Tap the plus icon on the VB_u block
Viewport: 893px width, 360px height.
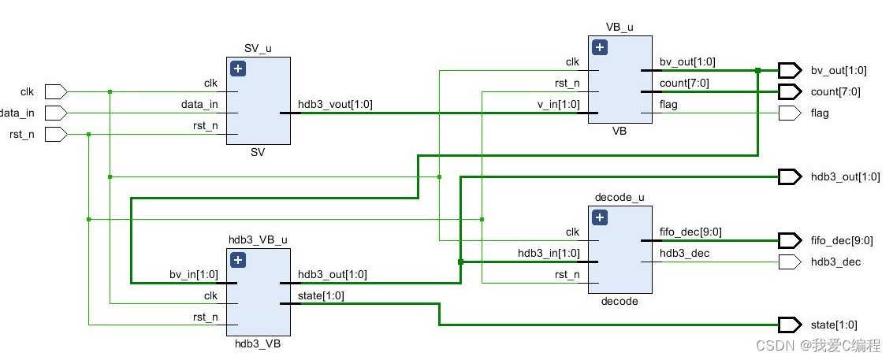[x=600, y=47]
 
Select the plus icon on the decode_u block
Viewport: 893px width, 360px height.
[x=600, y=217]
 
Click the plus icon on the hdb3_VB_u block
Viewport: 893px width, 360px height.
[x=239, y=260]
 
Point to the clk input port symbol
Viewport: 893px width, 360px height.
[x=55, y=91]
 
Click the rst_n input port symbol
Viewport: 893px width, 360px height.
[x=55, y=134]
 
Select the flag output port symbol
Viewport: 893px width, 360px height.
[x=789, y=113]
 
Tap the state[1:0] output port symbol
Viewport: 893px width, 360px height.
[x=789, y=325]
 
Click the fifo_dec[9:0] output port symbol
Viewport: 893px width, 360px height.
[x=789, y=239]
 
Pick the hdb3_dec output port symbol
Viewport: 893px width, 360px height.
[x=789, y=261]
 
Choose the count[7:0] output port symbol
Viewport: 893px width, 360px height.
[x=789, y=91]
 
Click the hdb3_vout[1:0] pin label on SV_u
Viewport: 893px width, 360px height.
[x=335, y=104]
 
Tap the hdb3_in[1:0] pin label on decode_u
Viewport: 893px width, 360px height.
[x=549, y=253]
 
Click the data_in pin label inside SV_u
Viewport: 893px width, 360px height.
[x=200, y=104]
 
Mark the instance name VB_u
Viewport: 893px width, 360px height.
[x=620, y=27]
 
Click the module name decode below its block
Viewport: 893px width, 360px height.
[x=620, y=301]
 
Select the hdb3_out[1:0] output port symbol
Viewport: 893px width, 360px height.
[x=789, y=176]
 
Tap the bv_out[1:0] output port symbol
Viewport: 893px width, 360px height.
[x=789, y=70]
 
